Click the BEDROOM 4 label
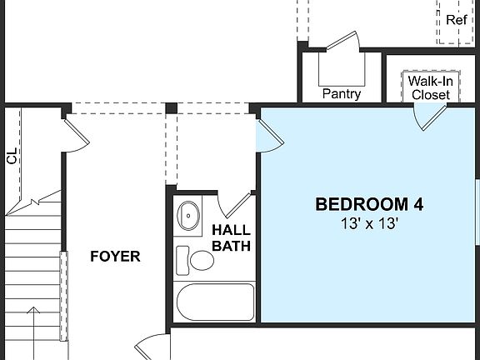tap(368, 204)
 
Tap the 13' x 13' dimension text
tap(368, 223)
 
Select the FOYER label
tap(115, 257)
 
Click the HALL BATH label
tap(232, 237)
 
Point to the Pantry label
tap(342, 94)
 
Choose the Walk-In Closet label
tap(430, 87)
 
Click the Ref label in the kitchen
tap(457, 20)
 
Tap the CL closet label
tap(12, 156)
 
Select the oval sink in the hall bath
tap(189, 216)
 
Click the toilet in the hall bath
tap(196, 260)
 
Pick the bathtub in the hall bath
tap(215, 302)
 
